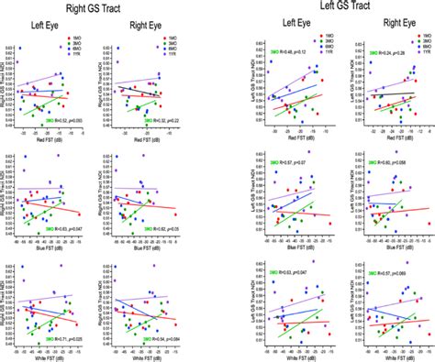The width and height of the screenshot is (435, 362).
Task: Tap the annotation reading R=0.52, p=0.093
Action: (67, 120)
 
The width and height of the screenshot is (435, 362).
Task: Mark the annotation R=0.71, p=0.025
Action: (67, 338)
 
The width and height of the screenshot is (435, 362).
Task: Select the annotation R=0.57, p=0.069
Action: (392, 274)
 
